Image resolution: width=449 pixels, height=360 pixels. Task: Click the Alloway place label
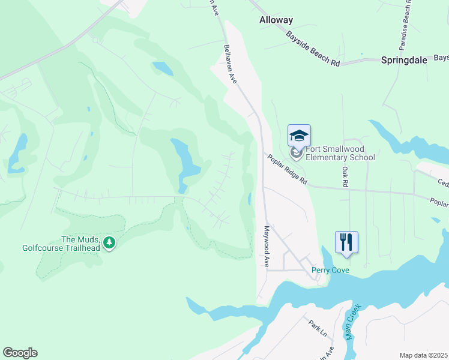[x=276, y=20]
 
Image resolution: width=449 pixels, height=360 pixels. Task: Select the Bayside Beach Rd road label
[x=313, y=49]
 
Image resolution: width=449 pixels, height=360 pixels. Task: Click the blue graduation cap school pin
[x=299, y=136]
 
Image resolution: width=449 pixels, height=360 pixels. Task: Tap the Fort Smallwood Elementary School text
[x=340, y=154]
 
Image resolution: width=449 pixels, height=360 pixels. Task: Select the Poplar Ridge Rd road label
[x=288, y=170]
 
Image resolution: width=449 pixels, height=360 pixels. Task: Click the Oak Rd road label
[x=345, y=177]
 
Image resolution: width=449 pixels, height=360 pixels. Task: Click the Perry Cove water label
[x=330, y=271]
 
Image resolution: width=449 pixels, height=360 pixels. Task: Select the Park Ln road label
[x=316, y=327]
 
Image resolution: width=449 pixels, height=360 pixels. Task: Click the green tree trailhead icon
[x=109, y=242]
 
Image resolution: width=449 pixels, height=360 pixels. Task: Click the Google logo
[x=20, y=353]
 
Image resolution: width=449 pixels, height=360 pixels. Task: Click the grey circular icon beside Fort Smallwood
[x=295, y=154]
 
